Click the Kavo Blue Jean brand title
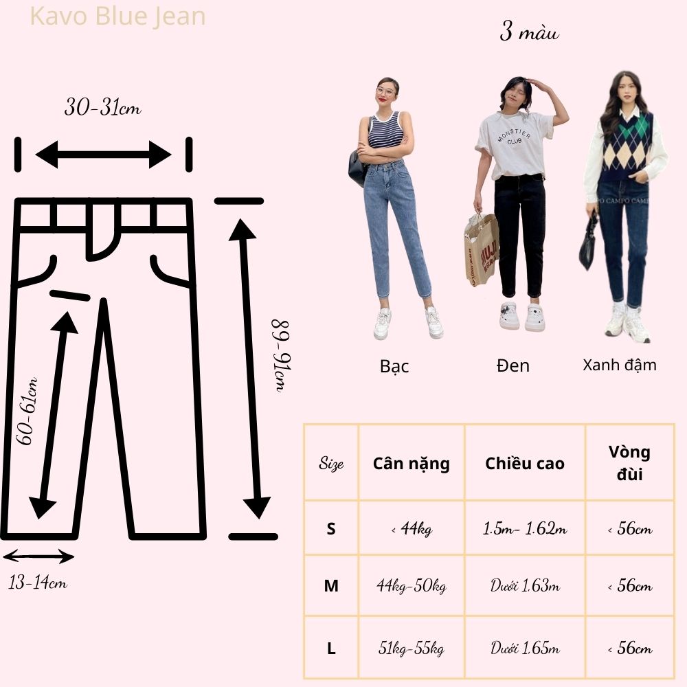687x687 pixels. tap(118, 16)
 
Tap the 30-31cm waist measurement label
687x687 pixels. tap(103, 108)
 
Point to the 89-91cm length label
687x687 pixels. tap(281, 354)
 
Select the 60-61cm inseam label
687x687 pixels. tap(28, 411)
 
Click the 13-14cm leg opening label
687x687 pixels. tap(38, 583)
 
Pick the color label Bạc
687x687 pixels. tap(394, 366)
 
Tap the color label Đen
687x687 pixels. tap(513, 365)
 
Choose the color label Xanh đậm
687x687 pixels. tap(620, 364)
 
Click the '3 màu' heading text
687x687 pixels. tap(529, 32)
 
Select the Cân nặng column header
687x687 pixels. tap(412, 464)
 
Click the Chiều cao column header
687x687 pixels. tap(525, 464)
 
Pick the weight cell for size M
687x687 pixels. tap(412, 587)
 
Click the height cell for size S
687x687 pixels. tap(525, 529)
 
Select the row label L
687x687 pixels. tap(331, 649)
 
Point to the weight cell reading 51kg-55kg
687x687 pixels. tap(412, 649)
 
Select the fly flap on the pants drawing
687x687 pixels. tap(102, 234)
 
